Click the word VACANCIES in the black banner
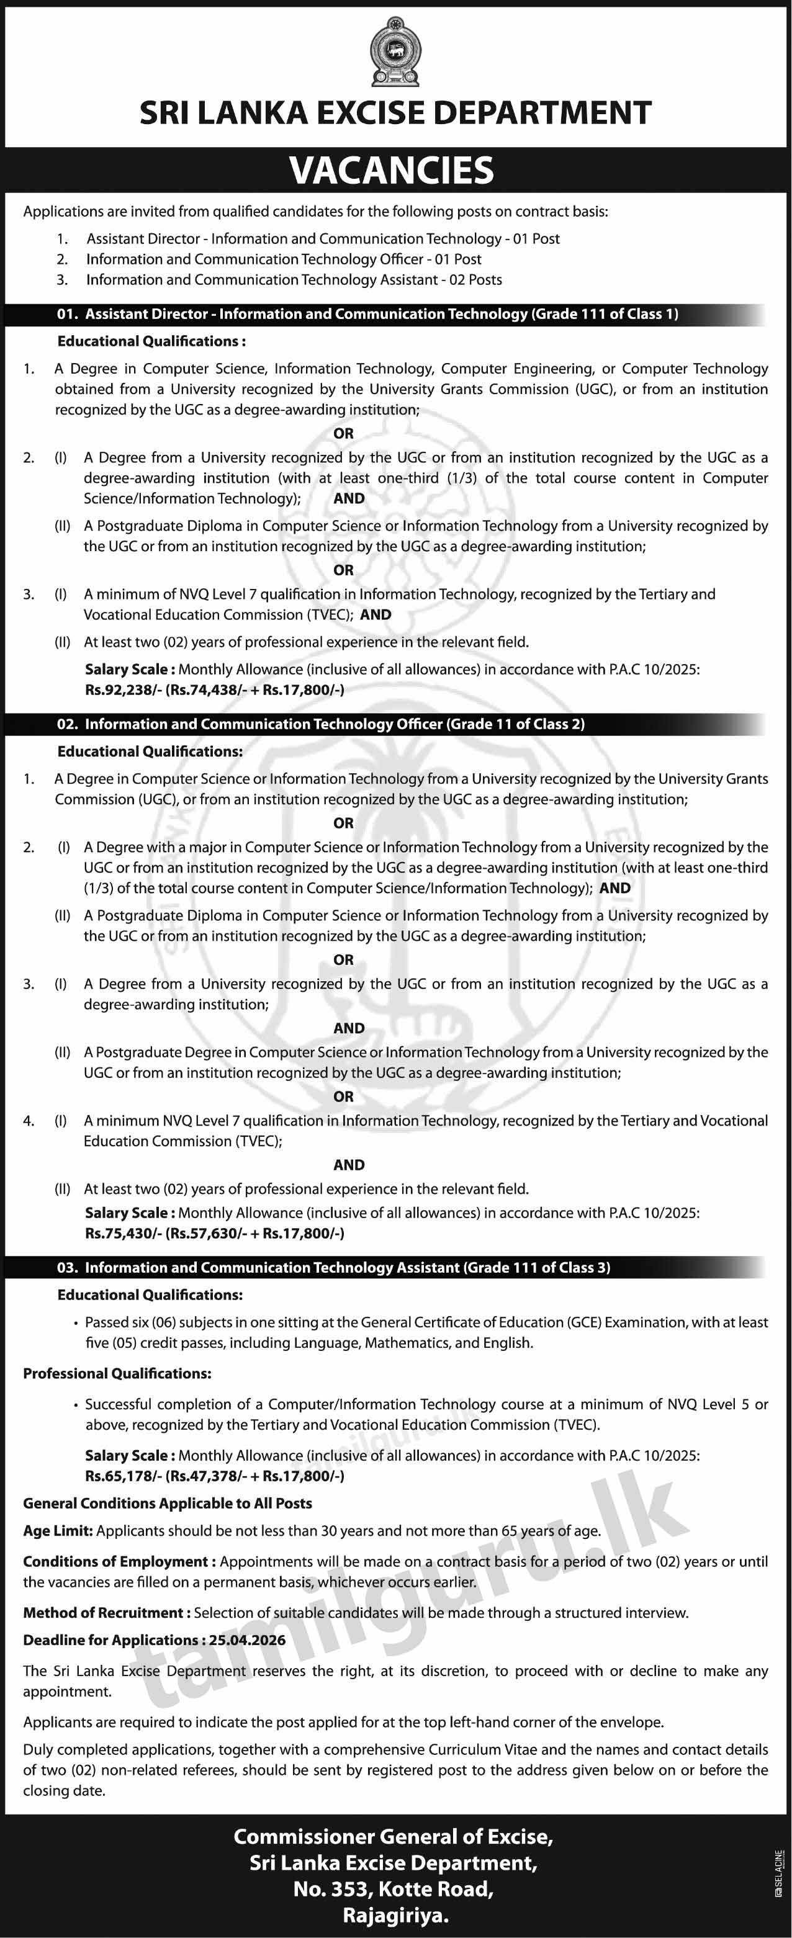(x=392, y=171)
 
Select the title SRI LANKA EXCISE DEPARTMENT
(x=395, y=114)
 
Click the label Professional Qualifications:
(x=117, y=1374)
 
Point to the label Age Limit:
(x=58, y=1531)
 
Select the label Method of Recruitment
(x=104, y=1613)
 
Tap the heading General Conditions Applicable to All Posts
(x=168, y=1504)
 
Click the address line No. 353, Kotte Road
(x=394, y=1889)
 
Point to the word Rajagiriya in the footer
(x=395, y=1916)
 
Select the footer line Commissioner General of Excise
(x=394, y=1837)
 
